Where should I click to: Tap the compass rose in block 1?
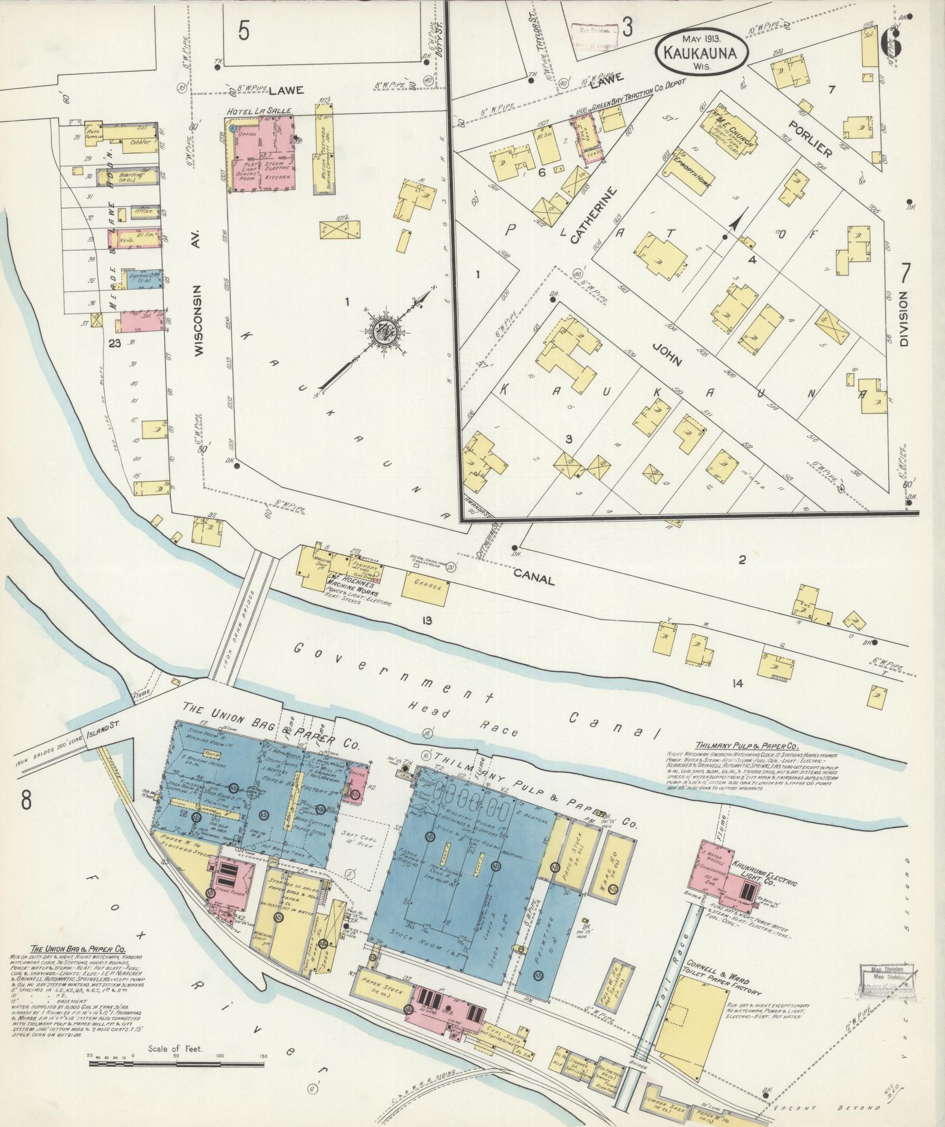380,332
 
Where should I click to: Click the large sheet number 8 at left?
26,802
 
